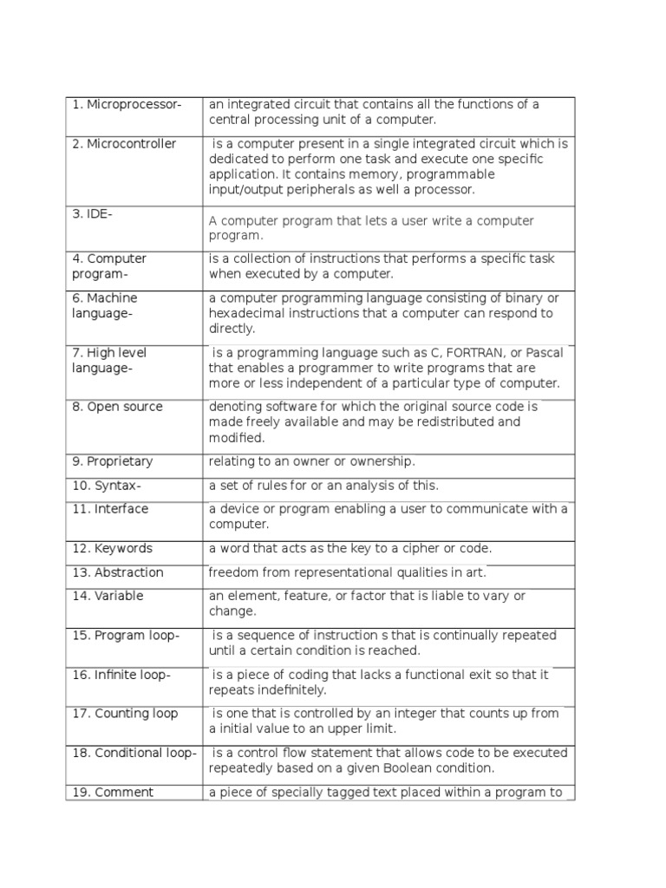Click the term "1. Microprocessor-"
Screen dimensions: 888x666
(x=127, y=105)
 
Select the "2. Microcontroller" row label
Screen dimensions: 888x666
(x=124, y=144)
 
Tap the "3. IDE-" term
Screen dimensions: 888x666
(x=92, y=213)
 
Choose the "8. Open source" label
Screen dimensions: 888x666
(x=117, y=407)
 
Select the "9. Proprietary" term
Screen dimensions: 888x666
(x=112, y=461)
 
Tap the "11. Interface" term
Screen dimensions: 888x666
(x=110, y=509)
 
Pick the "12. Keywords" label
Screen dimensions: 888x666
(x=112, y=549)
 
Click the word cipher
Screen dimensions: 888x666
(x=418, y=549)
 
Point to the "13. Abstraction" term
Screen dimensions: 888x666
(x=118, y=572)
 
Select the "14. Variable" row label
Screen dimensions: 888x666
(x=108, y=596)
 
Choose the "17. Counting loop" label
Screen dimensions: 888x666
(x=125, y=714)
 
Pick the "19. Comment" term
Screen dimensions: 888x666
(x=113, y=793)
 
